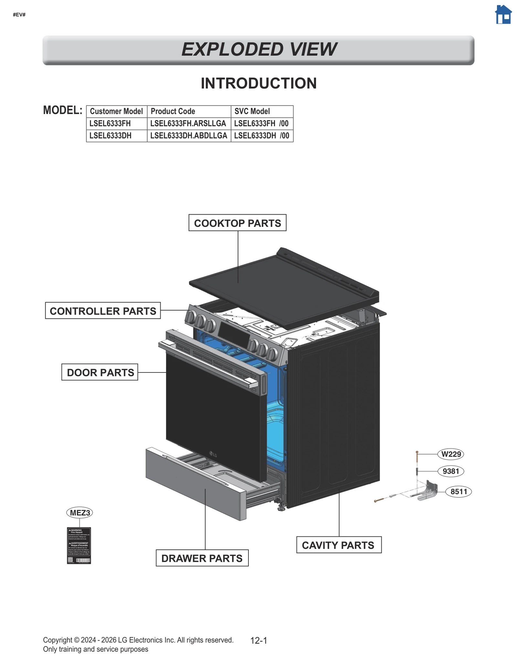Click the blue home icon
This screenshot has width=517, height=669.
(503, 15)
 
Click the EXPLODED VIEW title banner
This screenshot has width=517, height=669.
(258, 49)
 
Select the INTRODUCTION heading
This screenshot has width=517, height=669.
(258, 83)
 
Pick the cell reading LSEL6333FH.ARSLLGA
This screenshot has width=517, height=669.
(188, 123)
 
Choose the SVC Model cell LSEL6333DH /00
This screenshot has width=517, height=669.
(262, 136)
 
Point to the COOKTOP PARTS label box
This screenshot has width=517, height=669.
(237, 223)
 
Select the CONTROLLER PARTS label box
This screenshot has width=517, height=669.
(103, 311)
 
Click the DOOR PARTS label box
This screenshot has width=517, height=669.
(100, 372)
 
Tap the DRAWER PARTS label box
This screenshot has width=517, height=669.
(202, 558)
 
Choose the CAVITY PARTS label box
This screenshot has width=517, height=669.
(339, 545)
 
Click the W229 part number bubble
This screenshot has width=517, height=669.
(451, 454)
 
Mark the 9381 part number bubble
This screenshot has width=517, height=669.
(451, 471)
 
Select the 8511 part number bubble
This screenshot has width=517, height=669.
(459, 492)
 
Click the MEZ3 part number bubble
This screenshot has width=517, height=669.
(79, 513)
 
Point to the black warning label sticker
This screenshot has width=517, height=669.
(79, 546)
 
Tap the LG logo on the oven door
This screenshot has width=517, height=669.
(213, 455)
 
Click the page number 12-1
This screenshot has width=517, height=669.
(258, 641)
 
